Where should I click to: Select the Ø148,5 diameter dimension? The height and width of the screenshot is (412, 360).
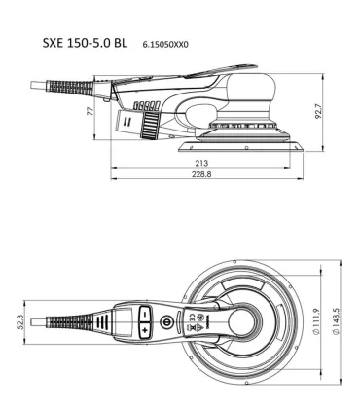335,317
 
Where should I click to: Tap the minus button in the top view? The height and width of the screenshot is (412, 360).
143,315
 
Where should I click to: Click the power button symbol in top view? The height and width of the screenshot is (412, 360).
167,318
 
